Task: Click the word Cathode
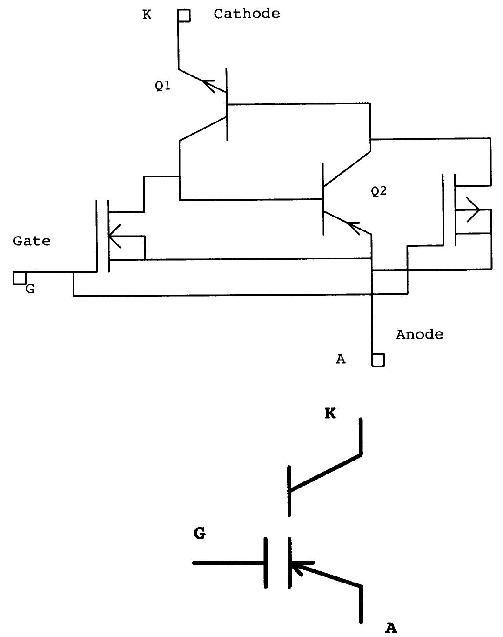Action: (247, 14)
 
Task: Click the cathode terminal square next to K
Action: (184, 16)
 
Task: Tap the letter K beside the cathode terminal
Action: (147, 15)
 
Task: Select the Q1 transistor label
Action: (162, 86)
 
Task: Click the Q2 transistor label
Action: (379, 191)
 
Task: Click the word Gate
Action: (32, 241)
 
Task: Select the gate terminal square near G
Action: (19, 278)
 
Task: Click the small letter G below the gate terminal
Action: (30, 289)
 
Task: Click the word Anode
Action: (419, 334)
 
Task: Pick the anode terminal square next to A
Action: (378, 360)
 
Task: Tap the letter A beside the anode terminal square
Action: (341, 359)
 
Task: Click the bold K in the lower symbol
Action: (330, 413)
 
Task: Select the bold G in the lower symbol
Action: (200, 534)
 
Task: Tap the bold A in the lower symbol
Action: (391, 628)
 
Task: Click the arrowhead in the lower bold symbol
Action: (298, 568)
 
